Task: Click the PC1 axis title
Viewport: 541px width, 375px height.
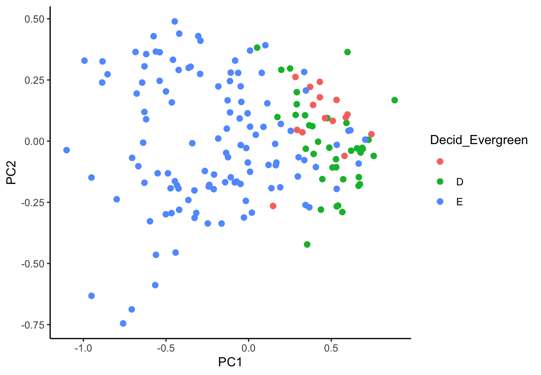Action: tap(230, 362)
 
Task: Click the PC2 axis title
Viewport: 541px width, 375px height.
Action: tap(12, 172)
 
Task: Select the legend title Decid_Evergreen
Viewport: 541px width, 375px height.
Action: tap(479, 140)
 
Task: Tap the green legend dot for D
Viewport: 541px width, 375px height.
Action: tap(440, 181)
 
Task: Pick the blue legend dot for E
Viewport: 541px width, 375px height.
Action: tap(440, 202)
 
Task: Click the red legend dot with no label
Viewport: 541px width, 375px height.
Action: tap(440, 161)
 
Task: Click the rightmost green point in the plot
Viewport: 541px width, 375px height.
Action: tap(394, 100)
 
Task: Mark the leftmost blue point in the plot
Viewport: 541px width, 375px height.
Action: tap(66, 150)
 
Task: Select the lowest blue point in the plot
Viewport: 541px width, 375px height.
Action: tap(123, 323)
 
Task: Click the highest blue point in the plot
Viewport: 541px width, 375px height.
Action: tap(175, 21)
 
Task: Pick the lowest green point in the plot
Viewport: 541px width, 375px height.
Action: tap(307, 244)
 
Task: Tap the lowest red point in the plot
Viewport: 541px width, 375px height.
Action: tap(273, 206)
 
